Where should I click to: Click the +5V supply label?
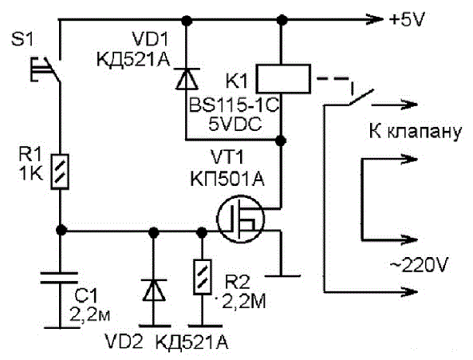(407, 20)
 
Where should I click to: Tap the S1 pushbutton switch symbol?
(45, 69)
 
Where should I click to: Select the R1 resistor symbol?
(60, 172)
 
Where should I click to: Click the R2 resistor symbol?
(202, 277)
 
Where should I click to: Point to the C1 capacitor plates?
(59, 278)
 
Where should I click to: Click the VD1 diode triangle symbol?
(187, 79)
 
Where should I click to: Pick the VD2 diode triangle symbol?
(154, 290)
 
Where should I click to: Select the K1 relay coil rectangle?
(283, 78)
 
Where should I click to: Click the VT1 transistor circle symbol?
(240, 219)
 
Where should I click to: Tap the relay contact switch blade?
(361, 97)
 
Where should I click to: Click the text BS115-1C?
(234, 105)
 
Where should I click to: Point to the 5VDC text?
(235, 124)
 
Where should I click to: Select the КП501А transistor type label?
(227, 180)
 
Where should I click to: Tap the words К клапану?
(416, 133)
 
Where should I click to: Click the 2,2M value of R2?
(244, 302)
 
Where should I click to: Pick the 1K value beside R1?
(30, 174)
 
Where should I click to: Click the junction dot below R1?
(61, 230)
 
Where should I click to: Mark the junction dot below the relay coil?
(281, 140)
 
